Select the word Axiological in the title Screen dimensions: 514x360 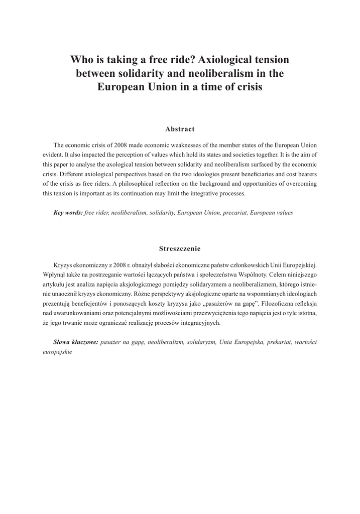tap(227, 60)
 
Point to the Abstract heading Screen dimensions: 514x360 tap(180, 129)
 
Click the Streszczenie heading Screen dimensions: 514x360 tap(180, 248)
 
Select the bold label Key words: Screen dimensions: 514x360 tap(68, 212)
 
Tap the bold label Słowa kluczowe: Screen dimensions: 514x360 tap(75, 342)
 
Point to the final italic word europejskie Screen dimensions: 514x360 tap(58, 351)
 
